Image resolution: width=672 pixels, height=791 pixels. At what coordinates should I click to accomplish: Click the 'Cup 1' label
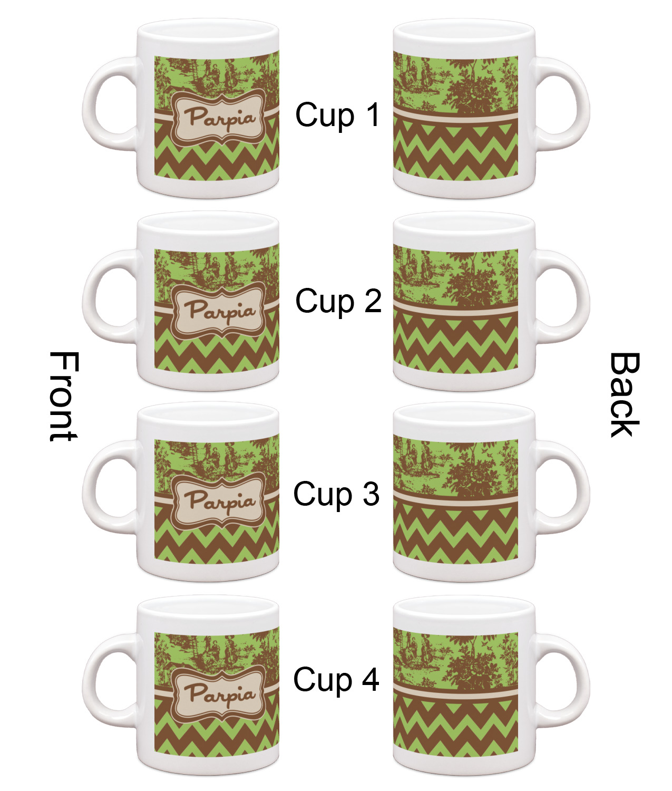(x=337, y=115)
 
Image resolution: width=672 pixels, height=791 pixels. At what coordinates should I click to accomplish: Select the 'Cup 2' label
(x=338, y=301)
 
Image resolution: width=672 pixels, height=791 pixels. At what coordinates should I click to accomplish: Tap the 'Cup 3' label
(x=336, y=494)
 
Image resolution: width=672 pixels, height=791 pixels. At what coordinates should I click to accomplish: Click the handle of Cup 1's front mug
(x=94, y=105)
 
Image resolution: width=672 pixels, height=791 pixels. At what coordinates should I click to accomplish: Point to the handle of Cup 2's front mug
(x=94, y=298)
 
